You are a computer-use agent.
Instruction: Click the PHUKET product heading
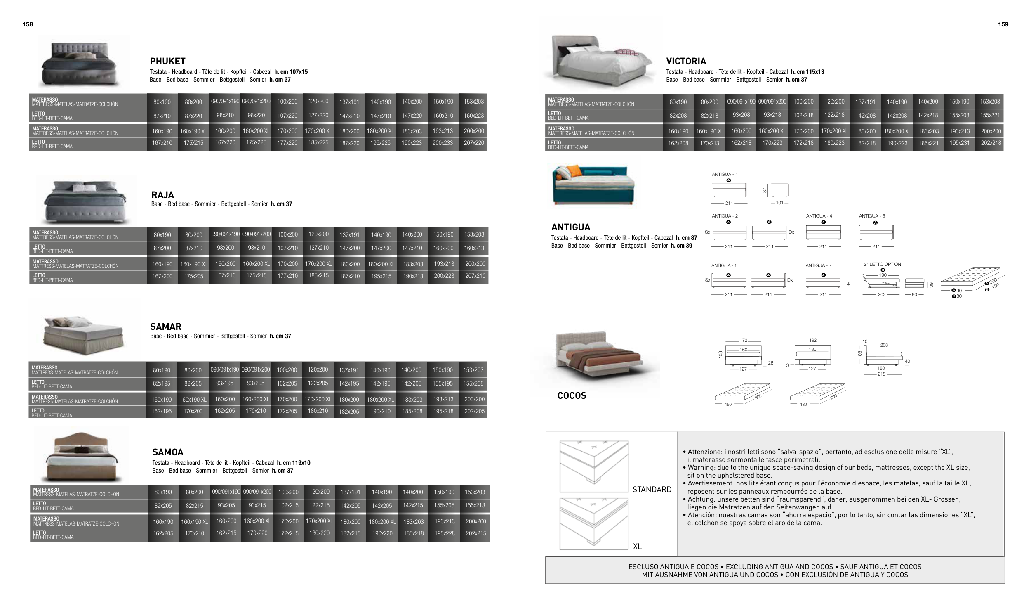pos(167,61)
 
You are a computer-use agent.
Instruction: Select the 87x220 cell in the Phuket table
pos(193,116)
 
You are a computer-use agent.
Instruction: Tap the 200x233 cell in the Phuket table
pos(443,143)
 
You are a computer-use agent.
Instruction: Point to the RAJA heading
pos(162,195)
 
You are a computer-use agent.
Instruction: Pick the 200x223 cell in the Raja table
pos(444,276)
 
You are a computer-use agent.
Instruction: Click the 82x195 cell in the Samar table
pos(162,383)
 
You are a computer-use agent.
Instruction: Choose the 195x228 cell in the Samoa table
pos(445,533)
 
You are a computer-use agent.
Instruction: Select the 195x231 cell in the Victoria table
pos(959,143)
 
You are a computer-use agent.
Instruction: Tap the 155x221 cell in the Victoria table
pos(990,116)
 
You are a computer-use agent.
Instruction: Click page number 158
pos(28,24)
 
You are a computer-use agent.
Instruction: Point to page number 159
pos(1003,24)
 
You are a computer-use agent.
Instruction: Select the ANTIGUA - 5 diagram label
pos(872,216)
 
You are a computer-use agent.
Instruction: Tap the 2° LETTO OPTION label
pos(882,264)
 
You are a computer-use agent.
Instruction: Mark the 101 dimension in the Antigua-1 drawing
pos(779,203)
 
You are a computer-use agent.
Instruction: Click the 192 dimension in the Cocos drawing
pos(812,341)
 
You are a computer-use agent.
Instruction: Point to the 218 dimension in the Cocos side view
pos(881,374)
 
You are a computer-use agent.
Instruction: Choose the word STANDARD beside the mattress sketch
pos(652,490)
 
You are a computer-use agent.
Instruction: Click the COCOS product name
pos(572,395)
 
